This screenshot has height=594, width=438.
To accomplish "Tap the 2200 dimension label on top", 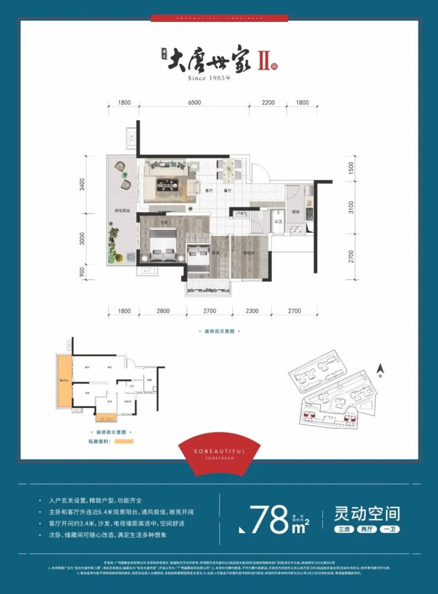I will pos(268,103).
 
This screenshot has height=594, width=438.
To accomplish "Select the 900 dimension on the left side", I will pos(82,270).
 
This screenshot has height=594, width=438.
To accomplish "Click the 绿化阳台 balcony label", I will pos(122,210).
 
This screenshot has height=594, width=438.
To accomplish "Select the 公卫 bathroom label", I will pos(278,222).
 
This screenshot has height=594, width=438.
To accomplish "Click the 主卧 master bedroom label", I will pos(163,222).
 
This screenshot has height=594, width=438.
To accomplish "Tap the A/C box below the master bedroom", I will pos(147,271).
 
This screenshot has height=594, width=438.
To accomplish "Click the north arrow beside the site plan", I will pos(379,371).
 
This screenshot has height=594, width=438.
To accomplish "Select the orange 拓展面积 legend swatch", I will pos(124,441).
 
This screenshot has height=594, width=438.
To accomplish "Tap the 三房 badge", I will pos(344,529).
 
